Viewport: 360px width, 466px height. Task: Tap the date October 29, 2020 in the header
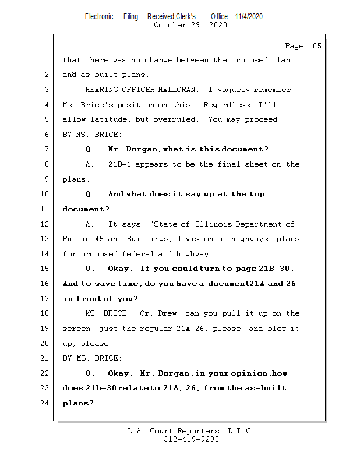coord(190,25)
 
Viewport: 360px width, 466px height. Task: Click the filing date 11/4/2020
coord(249,16)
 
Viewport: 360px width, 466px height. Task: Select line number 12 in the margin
coord(45,224)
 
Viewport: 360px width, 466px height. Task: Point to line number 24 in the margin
coord(45,403)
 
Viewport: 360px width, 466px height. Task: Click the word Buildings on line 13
coord(149,239)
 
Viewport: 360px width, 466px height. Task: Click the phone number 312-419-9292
coord(190,440)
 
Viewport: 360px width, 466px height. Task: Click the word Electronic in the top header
coord(99,16)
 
